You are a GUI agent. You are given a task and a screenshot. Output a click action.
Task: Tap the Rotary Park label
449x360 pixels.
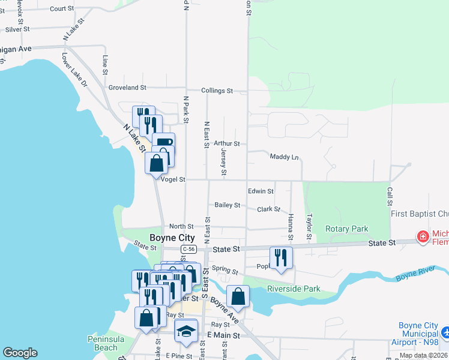(x=346, y=229)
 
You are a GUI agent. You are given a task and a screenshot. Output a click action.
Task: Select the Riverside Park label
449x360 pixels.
(x=294, y=289)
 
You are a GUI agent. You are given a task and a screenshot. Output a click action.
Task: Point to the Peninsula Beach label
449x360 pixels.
(x=106, y=343)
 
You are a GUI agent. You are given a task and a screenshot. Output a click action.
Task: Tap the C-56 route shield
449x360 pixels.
(x=188, y=249)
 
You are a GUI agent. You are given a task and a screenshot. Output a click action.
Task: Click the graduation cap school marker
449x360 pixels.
(x=186, y=331)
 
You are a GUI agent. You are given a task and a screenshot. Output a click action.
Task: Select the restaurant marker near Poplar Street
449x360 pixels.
(x=281, y=257)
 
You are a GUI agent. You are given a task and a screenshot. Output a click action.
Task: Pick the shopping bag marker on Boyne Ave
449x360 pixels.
(x=238, y=296)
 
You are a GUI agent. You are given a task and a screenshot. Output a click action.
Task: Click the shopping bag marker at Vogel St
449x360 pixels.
(x=156, y=163)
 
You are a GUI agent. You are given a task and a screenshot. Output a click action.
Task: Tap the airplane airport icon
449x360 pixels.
(x=445, y=332)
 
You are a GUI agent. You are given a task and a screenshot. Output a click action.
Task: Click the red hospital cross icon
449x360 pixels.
(x=423, y=237)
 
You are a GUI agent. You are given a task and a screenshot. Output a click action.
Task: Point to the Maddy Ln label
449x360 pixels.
(x=285, y=157)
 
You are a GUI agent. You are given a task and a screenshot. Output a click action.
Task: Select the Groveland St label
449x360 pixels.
(x=127, y=87)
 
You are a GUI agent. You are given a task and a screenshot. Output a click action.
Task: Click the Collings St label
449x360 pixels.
(x=217, y=91)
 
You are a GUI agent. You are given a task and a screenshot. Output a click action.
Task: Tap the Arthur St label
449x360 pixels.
(x=226, y=144)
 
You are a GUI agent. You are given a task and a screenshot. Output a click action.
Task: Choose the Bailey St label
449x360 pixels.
(x=228, y=205)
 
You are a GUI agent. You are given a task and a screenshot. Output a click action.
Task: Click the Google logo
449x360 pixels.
(x=20, y=353)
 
